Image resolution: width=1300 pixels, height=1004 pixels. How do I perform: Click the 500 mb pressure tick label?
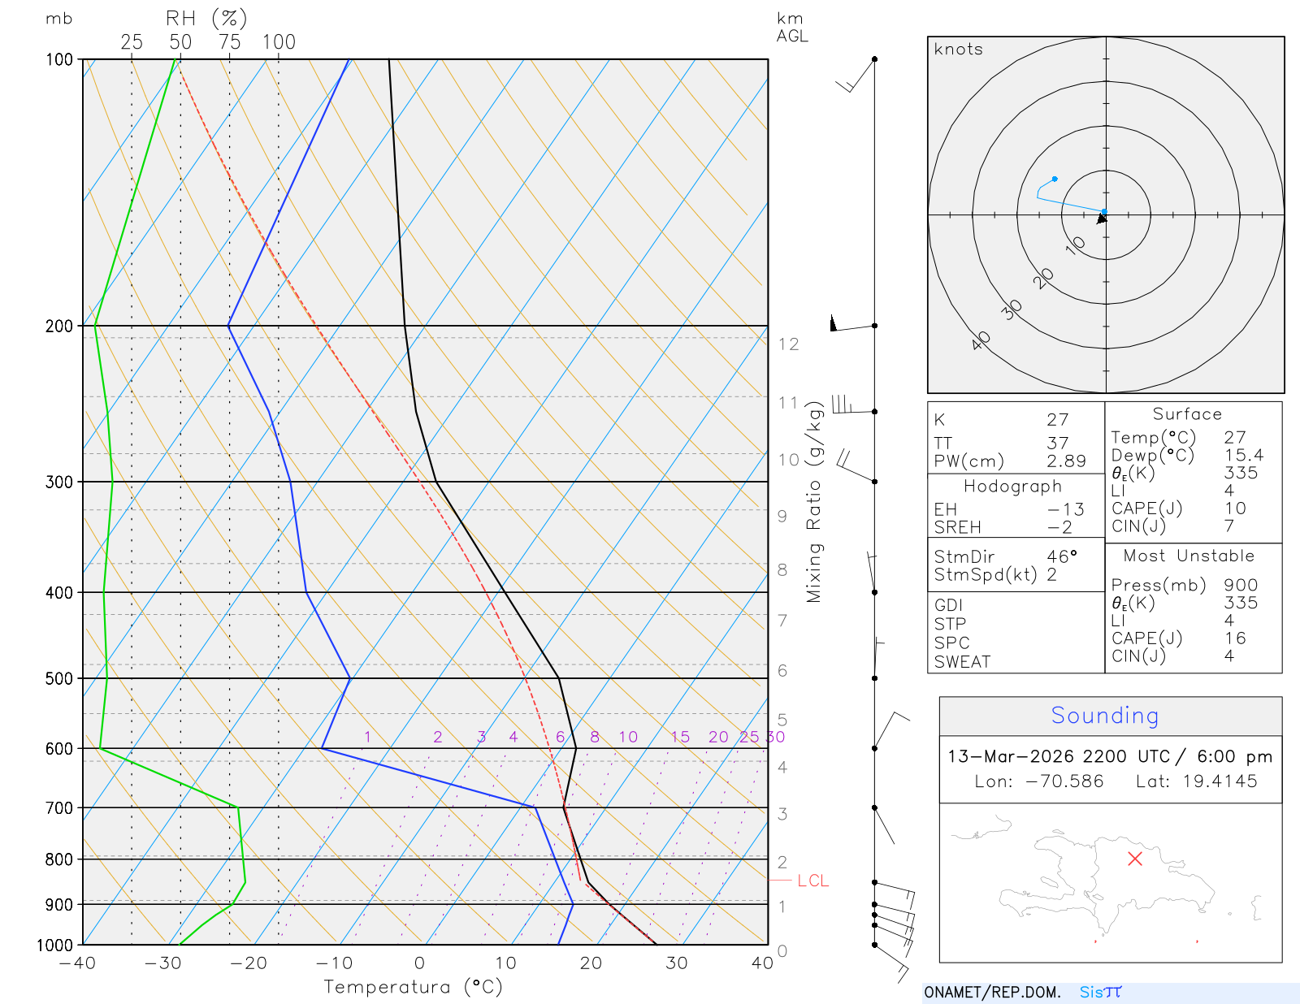[58, 678]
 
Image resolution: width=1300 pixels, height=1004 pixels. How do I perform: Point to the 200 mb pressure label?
[58, 326]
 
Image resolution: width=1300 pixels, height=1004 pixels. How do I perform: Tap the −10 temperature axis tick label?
[334, 963]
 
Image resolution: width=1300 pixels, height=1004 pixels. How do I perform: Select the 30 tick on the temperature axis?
[676, 963]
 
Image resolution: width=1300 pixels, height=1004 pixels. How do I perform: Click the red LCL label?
[812, 881]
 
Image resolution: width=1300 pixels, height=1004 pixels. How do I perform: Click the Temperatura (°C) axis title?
[413, 987]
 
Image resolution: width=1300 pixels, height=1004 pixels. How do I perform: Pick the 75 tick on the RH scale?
[230, 42]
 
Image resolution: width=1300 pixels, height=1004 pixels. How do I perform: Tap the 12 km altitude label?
[788, 344]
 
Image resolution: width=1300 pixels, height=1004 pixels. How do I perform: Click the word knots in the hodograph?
[958, 50]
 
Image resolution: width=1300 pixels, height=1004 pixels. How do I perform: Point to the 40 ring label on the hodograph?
[981, 340]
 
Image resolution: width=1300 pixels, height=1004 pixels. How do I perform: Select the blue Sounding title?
[1104, 716]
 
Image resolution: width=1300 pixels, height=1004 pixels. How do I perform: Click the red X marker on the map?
[1135, 859]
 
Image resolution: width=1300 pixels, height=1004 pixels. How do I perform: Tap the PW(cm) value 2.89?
[1066, 461]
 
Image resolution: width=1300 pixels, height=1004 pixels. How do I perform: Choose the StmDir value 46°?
[1062, 556]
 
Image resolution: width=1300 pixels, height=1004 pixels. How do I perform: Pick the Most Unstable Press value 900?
[1241, 585]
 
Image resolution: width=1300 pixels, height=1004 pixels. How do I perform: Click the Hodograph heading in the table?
[1012, 487]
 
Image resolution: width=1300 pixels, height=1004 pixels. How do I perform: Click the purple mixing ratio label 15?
[680, 737]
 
